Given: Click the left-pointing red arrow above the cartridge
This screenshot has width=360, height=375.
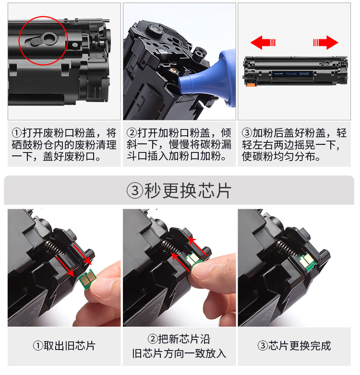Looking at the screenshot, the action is click(x=263, y=43).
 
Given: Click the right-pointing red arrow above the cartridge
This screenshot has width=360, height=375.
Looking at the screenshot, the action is click(x=326, y=43).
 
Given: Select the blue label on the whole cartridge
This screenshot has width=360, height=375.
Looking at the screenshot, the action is click(x=292, y=73).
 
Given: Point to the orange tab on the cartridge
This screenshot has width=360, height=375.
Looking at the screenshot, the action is click(x=252, y=85).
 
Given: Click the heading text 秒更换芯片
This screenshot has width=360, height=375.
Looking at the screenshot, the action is click(x=188, y=190).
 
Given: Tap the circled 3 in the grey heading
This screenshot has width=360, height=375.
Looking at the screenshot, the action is click(x=135, y=190).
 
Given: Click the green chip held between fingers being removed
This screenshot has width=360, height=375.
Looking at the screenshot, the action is click(x=88, y=279).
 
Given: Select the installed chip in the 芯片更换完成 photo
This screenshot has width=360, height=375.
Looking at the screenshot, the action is click(x=308, y=262).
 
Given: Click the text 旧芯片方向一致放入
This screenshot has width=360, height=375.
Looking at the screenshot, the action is click(x=179, y=353).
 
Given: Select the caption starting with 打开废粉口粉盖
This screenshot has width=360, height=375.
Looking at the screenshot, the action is click(x=64, y=145).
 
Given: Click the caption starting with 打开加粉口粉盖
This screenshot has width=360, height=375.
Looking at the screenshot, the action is click(x=179, y=145).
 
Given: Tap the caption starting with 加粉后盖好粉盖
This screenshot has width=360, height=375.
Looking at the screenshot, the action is click(x=294, y=145).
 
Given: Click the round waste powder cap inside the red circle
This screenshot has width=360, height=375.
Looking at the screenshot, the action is click(x=49, y=38).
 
